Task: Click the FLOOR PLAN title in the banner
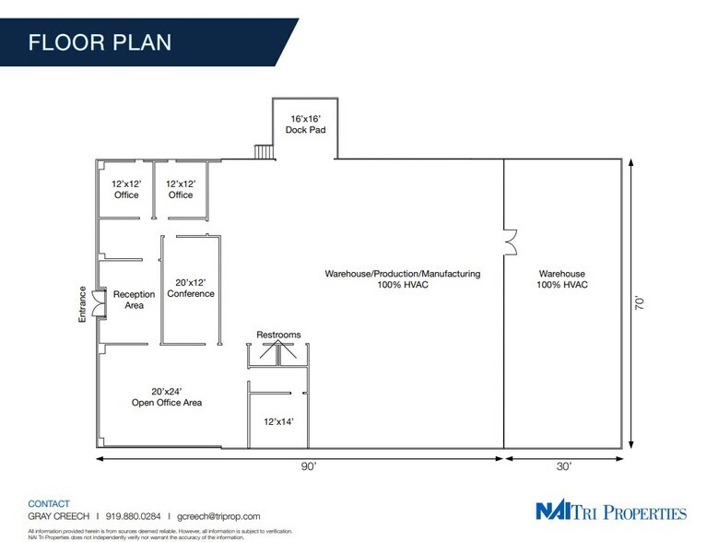pyautogui.click(x=99, y=42)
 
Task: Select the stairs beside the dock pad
pyautogui.click(x=263, y=150)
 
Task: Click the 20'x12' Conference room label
pyautogui.click(x=191, y=288)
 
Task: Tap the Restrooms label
pyautogui.click(x=278, y=335)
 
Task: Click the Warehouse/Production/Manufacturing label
pyautogui.click(x=402, y=279)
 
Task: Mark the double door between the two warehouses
pyautogui.click(x=508, y=242)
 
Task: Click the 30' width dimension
pyautogui.click(x=564, y=468)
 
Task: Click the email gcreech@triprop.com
pyautogui.click(x=218, y=517)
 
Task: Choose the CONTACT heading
pyautogui.click(x=50, y=504)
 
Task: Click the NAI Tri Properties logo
pyautogui.click(x=611, y=513)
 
